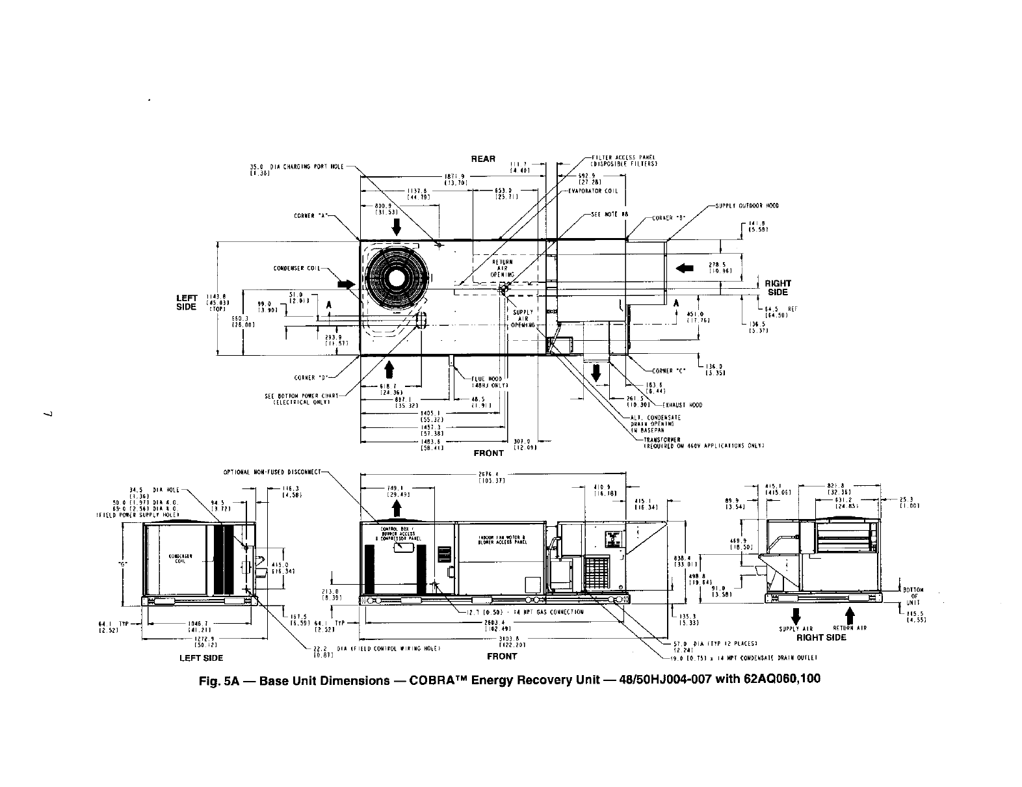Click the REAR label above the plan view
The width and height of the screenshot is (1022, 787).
(x=483, y=159)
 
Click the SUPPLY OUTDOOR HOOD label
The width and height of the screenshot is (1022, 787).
(x=747, y=206)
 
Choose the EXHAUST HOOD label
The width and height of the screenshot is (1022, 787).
(x=685, y=405)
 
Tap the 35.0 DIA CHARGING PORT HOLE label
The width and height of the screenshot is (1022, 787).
(x=292, y=167)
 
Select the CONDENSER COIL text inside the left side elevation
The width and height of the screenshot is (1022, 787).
(x=179, y=559)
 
